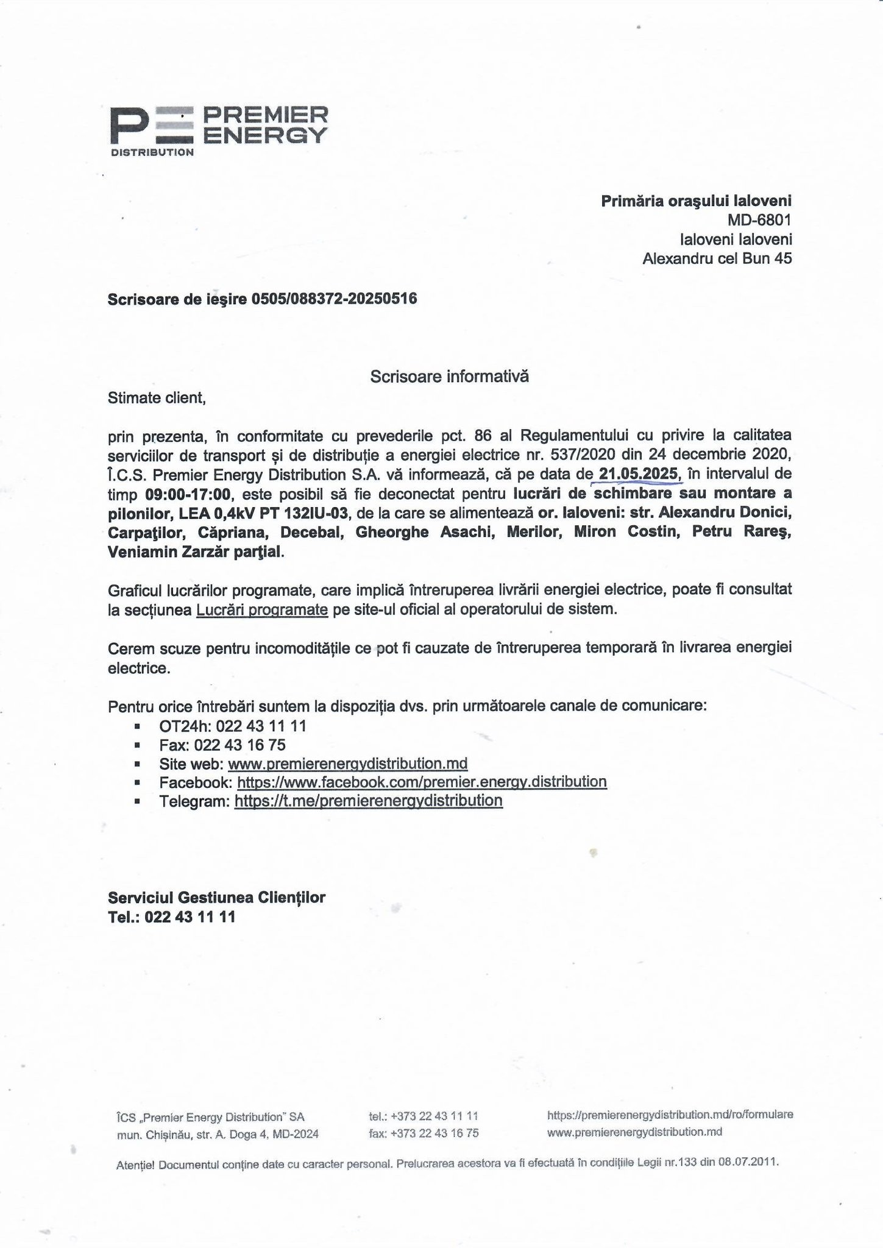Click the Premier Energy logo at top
218,130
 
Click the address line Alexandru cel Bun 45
717,259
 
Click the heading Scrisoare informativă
449,377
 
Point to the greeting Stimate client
157,399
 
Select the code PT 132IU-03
304,512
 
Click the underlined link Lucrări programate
262,610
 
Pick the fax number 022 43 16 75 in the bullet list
239,745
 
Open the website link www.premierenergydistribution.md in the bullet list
347,764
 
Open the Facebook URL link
422,782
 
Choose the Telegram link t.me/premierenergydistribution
368,801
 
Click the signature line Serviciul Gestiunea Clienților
216,898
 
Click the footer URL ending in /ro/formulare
670,1115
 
